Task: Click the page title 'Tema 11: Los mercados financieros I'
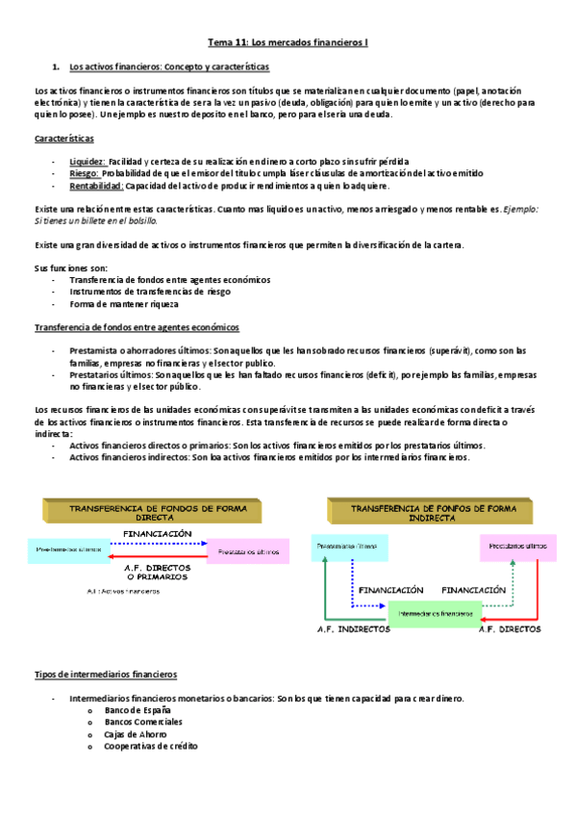(288, 43)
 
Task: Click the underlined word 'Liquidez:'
(88, 161)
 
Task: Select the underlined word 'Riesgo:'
(85, 173)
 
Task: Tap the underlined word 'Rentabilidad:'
(95, 186)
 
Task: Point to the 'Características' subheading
(64, 139)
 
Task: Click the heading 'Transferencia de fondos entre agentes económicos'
(137, 328)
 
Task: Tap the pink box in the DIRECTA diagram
(248, 552)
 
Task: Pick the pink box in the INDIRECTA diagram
(517, 546)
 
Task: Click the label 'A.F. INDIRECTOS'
(353, 630)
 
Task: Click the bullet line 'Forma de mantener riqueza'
(124, 304)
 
